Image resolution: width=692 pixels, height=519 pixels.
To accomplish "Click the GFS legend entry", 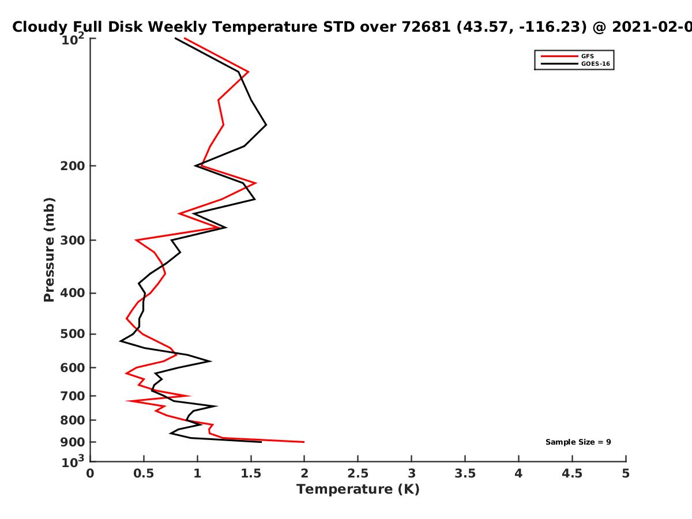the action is click(x=567, y=56).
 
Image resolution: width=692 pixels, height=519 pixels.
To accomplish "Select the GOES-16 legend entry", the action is click(x=576, y=63).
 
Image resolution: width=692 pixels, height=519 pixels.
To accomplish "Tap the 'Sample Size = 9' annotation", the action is click(x=578, y=442).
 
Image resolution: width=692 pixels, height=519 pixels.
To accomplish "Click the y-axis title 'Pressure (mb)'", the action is click(x=49, y=250).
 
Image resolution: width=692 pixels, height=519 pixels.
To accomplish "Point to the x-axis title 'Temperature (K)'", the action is click(x=358, y=490).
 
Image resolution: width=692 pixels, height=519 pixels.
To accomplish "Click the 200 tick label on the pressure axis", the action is click(x=73, y=166).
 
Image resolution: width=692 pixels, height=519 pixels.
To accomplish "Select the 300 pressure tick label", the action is click(x=73, y=240).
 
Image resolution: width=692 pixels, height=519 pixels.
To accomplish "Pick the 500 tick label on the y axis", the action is click(x=73, y=334).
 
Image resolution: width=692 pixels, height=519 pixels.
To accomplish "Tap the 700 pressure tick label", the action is click(x=73, y=396).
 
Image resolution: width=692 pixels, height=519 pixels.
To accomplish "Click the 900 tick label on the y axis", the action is click(x=73, y=442).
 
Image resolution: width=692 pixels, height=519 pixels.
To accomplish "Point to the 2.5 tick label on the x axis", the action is click(x=358, y=473).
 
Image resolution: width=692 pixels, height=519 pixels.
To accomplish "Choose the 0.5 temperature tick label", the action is click(x=144, y=473).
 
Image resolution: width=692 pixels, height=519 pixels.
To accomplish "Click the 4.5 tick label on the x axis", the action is click(x=572, y=473).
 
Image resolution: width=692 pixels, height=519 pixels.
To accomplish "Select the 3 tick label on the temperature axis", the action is click(x=411, y=473).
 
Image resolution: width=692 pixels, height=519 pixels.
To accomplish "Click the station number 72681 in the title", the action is click(x=426, y=27).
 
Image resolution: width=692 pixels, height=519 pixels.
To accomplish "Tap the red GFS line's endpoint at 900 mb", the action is click(x=304, y=442).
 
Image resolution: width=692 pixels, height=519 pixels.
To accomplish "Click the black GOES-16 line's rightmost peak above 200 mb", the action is click(x=266, y=125).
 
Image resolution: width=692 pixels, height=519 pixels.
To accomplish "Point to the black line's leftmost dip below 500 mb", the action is click(x=120, y=341).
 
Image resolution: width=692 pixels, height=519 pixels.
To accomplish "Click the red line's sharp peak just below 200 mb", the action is click(x=255, y=183).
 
